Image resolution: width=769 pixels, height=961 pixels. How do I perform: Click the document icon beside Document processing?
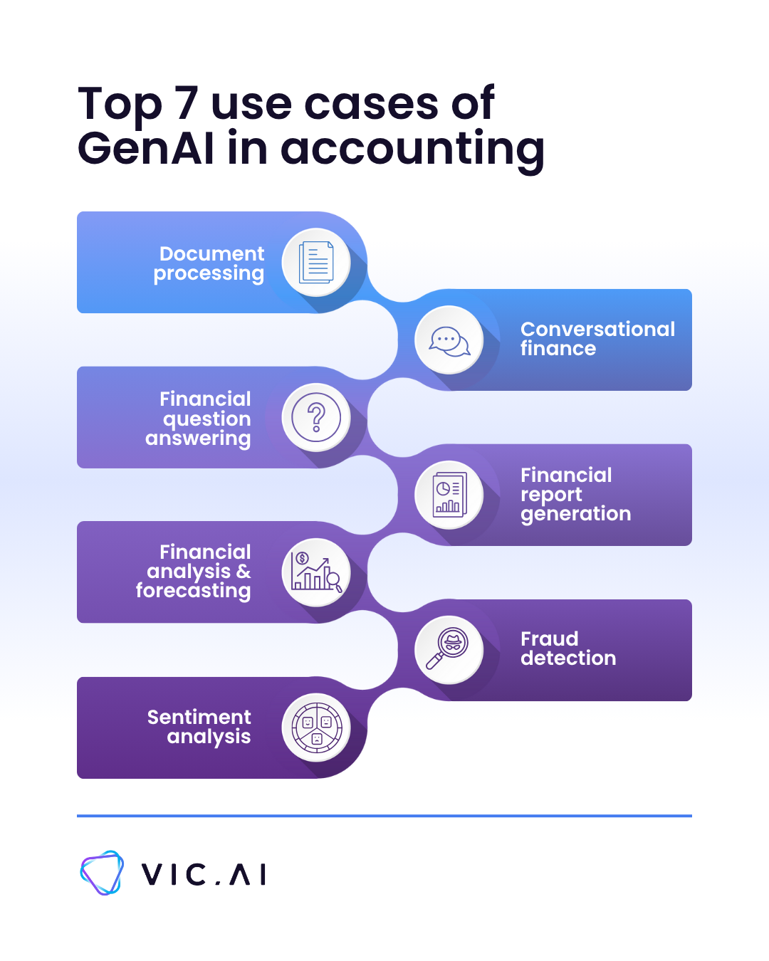click(316, 262)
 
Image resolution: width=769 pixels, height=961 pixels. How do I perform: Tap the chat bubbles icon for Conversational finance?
click(449, 340)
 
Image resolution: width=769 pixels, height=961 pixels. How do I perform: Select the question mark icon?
click(316, 417)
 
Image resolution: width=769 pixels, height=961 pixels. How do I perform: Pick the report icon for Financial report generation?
click(449, 495)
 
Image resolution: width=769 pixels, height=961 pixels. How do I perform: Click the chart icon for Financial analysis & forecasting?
click(316, 573)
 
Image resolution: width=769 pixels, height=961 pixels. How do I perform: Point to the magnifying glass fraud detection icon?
click(449, 650)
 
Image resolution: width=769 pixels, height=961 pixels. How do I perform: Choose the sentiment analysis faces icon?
click(316, 728)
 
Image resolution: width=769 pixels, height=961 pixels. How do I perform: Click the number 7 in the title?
click(187, 104)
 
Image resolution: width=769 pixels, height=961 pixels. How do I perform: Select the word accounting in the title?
click(413, 149)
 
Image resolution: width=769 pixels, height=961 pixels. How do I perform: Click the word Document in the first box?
click(211, 253)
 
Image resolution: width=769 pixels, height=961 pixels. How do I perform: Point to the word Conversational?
click(597, 329)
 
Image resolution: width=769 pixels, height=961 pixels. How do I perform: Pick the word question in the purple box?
click(206, 419)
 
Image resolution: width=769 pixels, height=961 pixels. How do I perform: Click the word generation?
click(575, 514)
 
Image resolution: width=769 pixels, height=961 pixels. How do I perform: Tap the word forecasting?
click(193, 591)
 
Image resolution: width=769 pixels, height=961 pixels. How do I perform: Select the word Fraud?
click(549, 639)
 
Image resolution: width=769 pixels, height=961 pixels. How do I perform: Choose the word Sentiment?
click(199, 717)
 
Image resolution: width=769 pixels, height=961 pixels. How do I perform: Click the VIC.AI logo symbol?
click(102, 873)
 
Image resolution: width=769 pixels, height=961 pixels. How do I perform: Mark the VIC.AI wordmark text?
click(204, 874)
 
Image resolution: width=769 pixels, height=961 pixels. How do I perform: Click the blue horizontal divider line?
click(384, 816)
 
